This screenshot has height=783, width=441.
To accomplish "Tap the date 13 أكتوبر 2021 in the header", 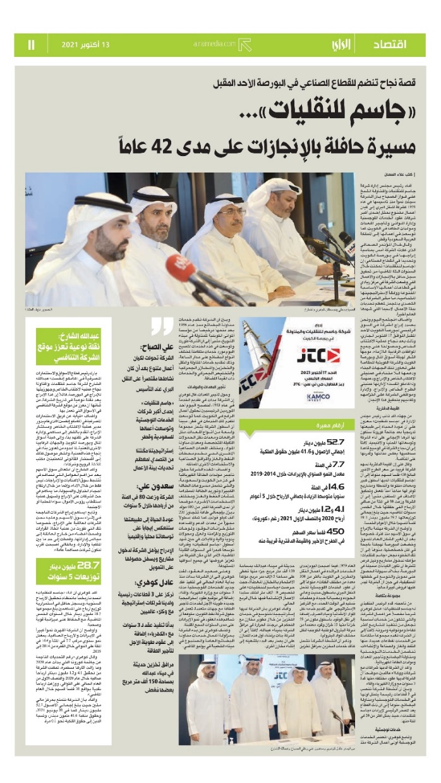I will [x=85, y=45].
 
